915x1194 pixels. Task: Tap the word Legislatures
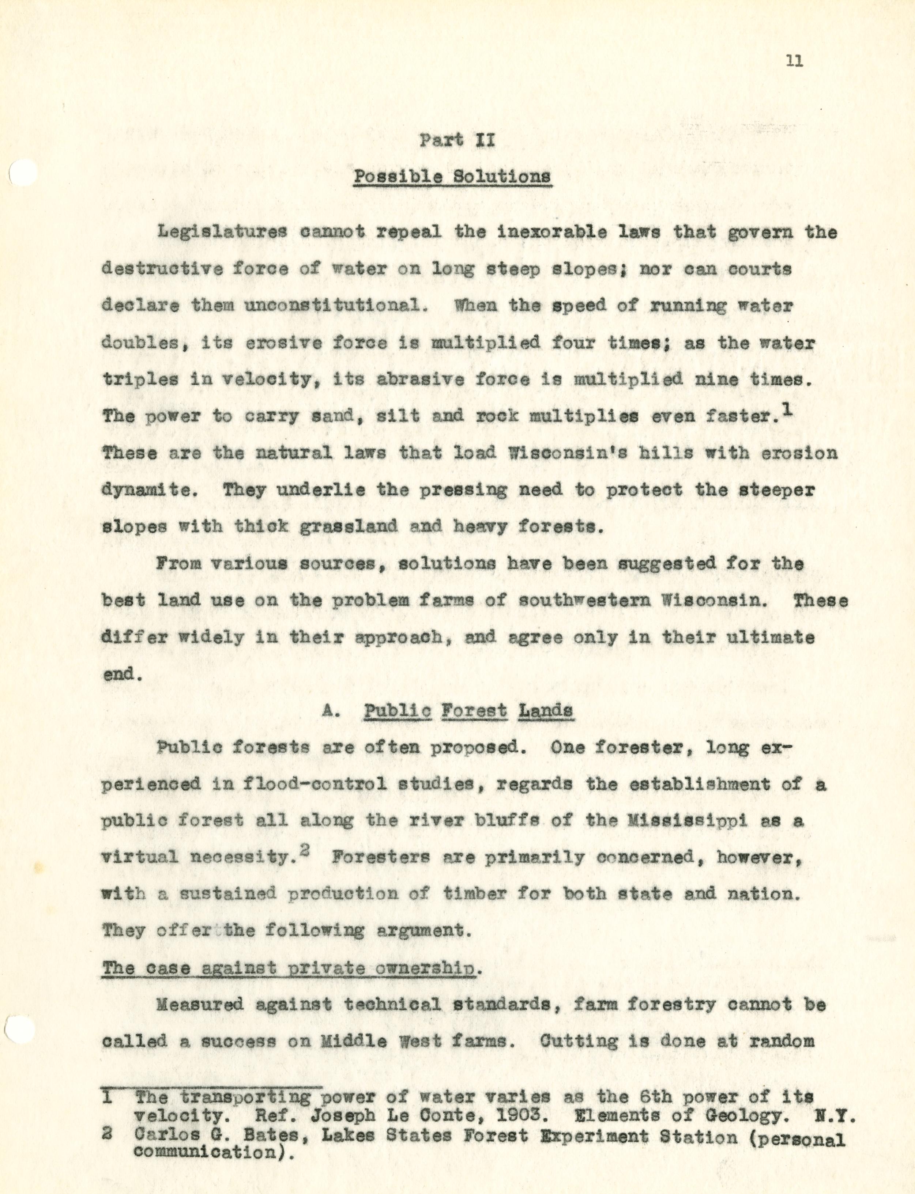click(x=222, y=233)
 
